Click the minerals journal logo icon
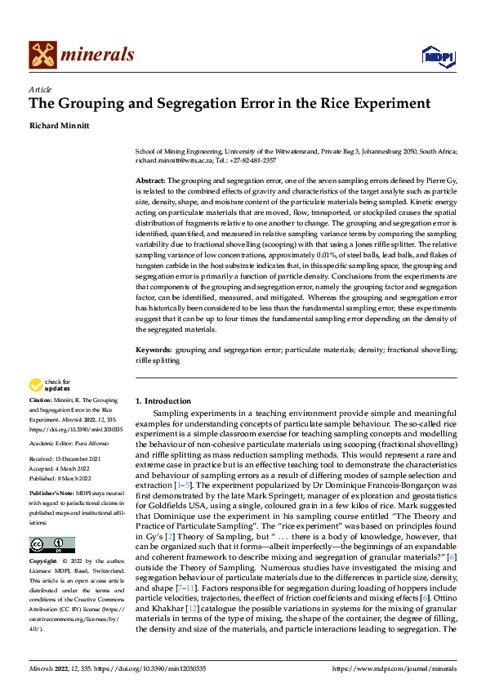[43, 55]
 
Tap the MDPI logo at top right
[438, 55]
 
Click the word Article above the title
[40, 89]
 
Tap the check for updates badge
[51, 385]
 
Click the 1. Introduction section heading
[163, 401]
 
